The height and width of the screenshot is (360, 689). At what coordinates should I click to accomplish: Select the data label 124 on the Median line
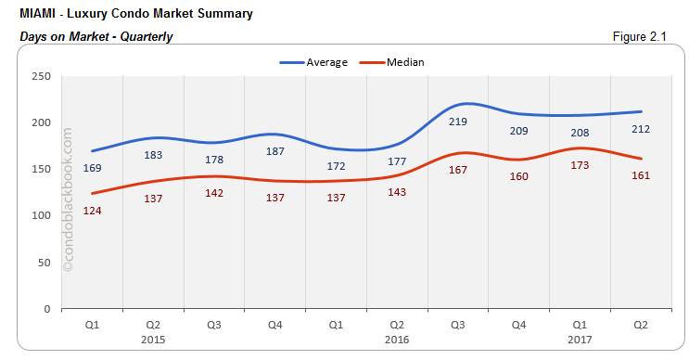click(x=93, y=211)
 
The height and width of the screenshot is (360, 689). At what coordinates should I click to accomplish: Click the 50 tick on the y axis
click(x=44, y=263)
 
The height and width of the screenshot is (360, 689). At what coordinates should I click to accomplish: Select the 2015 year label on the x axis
click(x=154, y=340)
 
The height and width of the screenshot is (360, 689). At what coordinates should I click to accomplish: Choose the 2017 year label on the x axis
click(x=580, y=340)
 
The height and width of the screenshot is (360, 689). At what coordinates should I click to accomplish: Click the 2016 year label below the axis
click(x=397, y=340)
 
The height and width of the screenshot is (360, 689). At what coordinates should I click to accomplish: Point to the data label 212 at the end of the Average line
click(x=641, y=128)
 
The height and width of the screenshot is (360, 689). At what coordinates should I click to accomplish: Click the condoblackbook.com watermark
click(x=68, y=199)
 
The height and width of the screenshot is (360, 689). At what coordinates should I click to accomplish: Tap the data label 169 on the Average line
click(x=93, y=168)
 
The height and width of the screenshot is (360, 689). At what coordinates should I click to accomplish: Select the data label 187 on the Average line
click(x=274, y=151)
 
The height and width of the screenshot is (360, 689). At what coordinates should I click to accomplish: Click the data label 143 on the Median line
click(x=397, y=192)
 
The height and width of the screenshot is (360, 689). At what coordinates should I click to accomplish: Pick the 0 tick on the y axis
click(x=46, y=309)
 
